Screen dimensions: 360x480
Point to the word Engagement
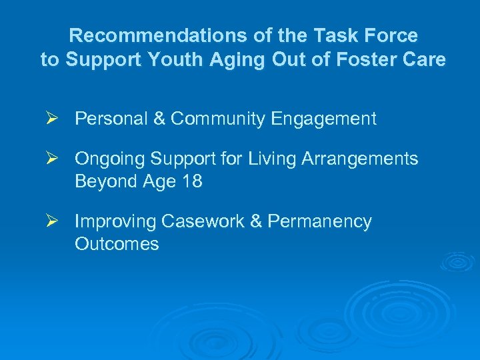[323, 120]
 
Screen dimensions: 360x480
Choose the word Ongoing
[109, 159]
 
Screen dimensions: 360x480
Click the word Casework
[204, 221]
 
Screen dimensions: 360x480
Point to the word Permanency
[319, 222]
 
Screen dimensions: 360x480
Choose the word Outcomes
[117, 244]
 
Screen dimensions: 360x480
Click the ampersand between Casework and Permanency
[256, 221]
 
